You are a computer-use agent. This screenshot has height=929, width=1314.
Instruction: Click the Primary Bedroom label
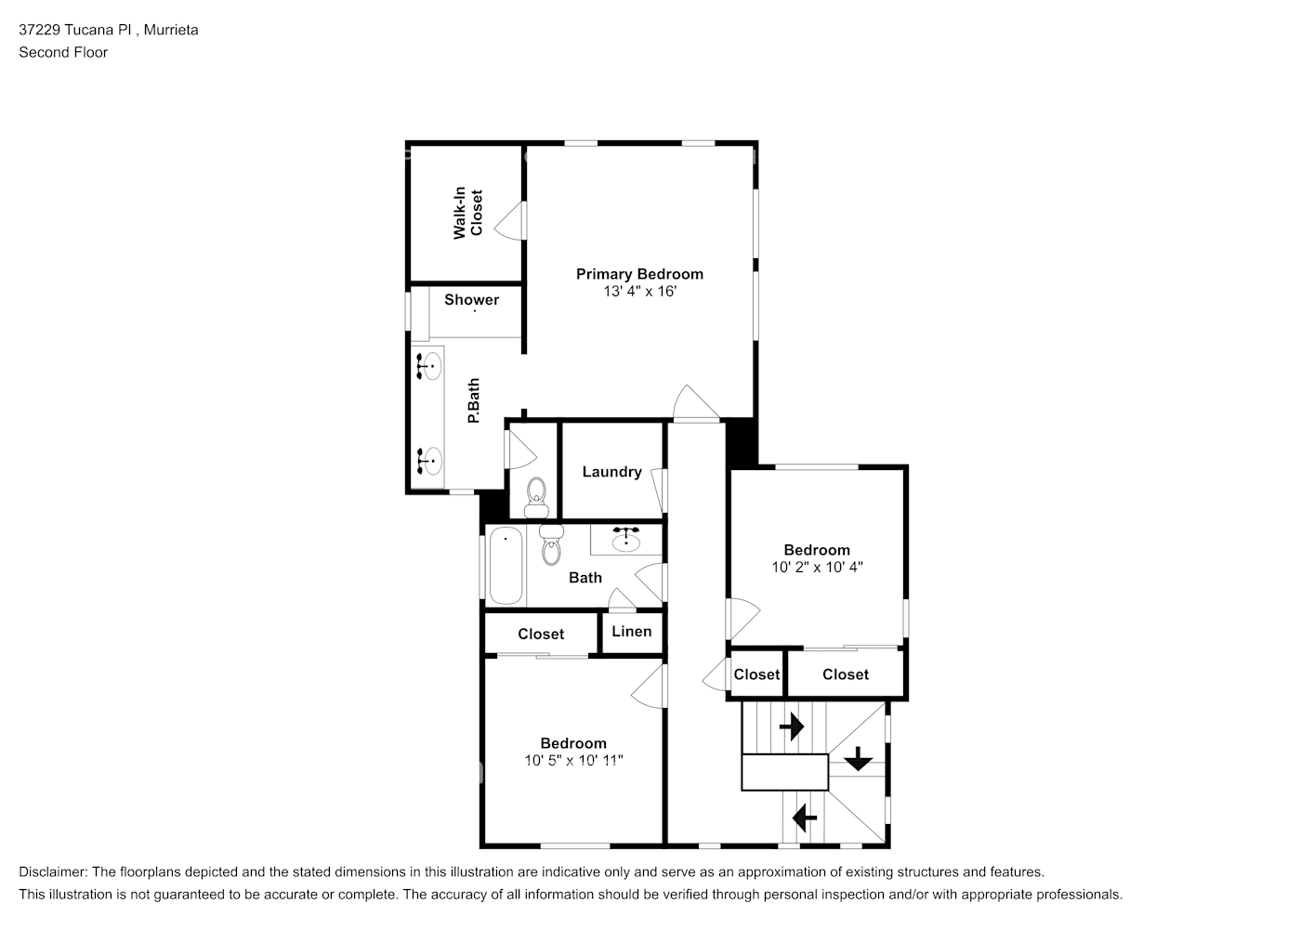(639, 274)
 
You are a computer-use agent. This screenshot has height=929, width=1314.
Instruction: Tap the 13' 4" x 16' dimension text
(639, 292)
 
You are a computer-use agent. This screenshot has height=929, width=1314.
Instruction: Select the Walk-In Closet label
(467, 214)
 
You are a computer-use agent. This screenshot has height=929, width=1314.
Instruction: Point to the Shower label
(471, 300)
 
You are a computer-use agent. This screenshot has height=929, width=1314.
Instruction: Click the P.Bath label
(473, 401)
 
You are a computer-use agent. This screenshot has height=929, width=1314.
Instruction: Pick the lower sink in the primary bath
(428, 460)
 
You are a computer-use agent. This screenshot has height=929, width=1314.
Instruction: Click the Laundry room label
(611, 472)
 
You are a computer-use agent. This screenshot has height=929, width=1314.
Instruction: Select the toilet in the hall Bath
(551, 547)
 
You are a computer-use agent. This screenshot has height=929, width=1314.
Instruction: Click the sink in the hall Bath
(627, 538)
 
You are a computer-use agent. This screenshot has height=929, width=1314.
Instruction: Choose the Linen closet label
(631, 632)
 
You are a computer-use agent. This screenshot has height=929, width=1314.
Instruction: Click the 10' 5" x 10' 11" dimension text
(573, 761)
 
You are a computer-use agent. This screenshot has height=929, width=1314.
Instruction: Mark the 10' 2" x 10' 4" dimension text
(817, 567)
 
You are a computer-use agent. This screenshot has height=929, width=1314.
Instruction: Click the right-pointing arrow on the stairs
(792, 726)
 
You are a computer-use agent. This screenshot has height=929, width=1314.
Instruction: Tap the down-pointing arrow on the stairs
(857, 759)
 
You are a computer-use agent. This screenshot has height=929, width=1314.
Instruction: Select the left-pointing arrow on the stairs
(804, 818)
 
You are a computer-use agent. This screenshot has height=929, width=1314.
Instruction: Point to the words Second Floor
(63, 52)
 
